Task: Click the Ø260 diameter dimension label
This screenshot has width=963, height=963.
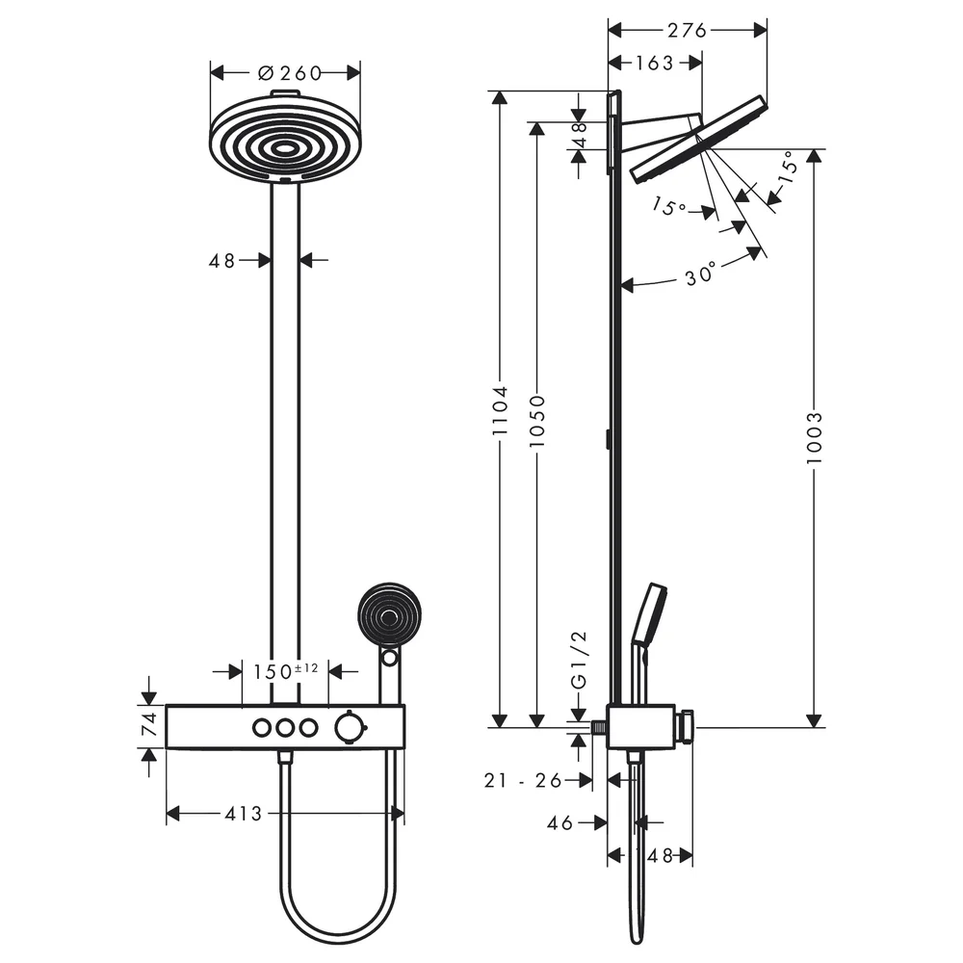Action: [290, 73]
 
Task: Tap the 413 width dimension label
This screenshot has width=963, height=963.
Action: [244, 814]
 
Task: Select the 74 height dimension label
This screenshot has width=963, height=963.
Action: [150, 725]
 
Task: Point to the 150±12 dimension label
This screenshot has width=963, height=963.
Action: [286, 670]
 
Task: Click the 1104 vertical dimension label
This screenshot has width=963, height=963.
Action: [501, 410]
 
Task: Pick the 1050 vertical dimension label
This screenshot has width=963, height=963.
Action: [537, 421]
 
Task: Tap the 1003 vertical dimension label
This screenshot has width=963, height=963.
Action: [815, 438]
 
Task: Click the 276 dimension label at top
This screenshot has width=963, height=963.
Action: [688, 30]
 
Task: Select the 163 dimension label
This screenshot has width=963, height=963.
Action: [654, 63]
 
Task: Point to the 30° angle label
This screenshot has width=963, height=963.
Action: [701, 273]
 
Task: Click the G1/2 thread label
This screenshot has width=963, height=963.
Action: [579, 661]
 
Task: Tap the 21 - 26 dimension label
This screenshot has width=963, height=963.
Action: [523, 781]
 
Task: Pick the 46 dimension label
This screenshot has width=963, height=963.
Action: [560, 823]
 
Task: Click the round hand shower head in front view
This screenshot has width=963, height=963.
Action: [389, 614]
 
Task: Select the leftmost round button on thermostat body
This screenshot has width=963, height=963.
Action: [262, 728]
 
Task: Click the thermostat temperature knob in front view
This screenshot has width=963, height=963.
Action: [348, 728]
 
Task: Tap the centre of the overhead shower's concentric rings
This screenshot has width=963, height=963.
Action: [284, 148]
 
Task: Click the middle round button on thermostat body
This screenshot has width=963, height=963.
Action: [285, 728]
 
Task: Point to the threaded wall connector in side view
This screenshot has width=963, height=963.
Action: [599, 728]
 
